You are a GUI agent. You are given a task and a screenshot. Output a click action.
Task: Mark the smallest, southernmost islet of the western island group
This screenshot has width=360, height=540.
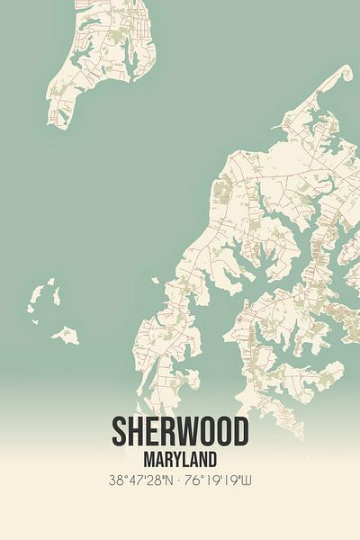click(66, 337)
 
